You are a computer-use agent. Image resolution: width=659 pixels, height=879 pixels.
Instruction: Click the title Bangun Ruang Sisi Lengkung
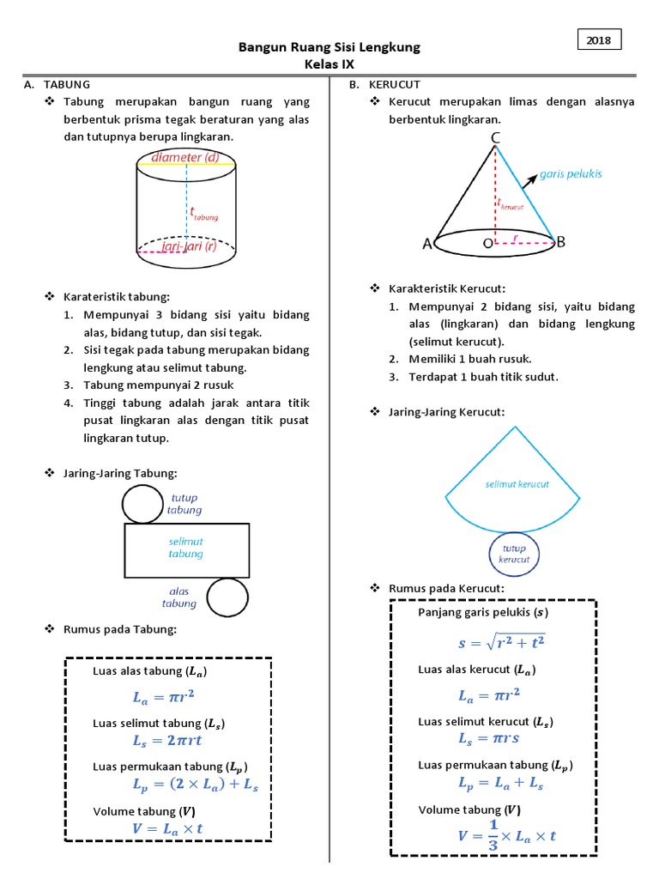pyautogui.click(x=329, y=47)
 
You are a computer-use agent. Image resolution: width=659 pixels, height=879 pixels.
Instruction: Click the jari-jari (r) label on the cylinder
pyautogui.click(x=192, y=247)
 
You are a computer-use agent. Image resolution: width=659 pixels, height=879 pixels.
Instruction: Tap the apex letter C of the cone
pyautogui.click(x=496, y=137)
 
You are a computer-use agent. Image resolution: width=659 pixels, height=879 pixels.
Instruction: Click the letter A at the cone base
pyautogui.click(x=427, y=244)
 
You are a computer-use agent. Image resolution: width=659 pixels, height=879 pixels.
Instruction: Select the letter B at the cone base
pyautogui.click(x=560, y=243)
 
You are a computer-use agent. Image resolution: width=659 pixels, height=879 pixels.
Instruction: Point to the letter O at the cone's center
pyautogui.click(x=487, y=244)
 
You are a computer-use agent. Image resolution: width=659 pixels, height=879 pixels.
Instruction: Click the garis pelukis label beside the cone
pyautogui.click(x=571, y=173)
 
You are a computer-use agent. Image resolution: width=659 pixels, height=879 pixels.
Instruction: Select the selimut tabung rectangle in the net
pyautogui.click(x=186, y=549)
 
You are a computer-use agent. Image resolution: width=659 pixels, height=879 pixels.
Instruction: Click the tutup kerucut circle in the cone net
pyautogui.click(x=514, y=554)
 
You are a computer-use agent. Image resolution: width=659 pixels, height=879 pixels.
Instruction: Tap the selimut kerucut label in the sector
pyautogui.click(x=517, y=484)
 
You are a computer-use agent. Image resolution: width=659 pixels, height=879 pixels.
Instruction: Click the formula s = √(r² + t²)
pyautogui.click(x=502, y=641)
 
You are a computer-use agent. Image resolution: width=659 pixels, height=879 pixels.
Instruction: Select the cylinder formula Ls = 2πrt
pyautogui.click(x=167, y=740)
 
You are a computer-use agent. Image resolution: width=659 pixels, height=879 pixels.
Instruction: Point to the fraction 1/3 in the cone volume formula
pyautogui.click(x=493, y=834)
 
